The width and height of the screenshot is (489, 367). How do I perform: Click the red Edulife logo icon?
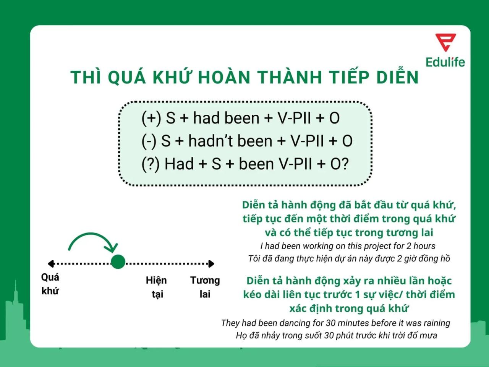(x=445, y=42)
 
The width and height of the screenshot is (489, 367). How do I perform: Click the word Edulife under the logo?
(x=445, y=62)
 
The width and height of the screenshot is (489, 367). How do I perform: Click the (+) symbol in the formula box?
(x=151, y=118)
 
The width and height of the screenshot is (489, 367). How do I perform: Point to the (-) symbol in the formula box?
(x=149, y=141)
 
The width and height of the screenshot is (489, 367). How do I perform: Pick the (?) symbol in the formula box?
(x=151, y=164)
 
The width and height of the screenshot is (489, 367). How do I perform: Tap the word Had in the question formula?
(x=179, y=164)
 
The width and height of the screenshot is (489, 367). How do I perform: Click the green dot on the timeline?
(x=118, y=262)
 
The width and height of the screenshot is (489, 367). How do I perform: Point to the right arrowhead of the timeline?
(x=211, y=263)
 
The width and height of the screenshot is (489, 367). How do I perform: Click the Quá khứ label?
(x=50, y=284)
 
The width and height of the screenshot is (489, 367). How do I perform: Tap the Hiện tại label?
(x=156, y=287)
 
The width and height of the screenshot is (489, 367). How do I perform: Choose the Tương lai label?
(x=205, y=287)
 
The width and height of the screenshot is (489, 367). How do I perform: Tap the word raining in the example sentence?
(x=434, y=323)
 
